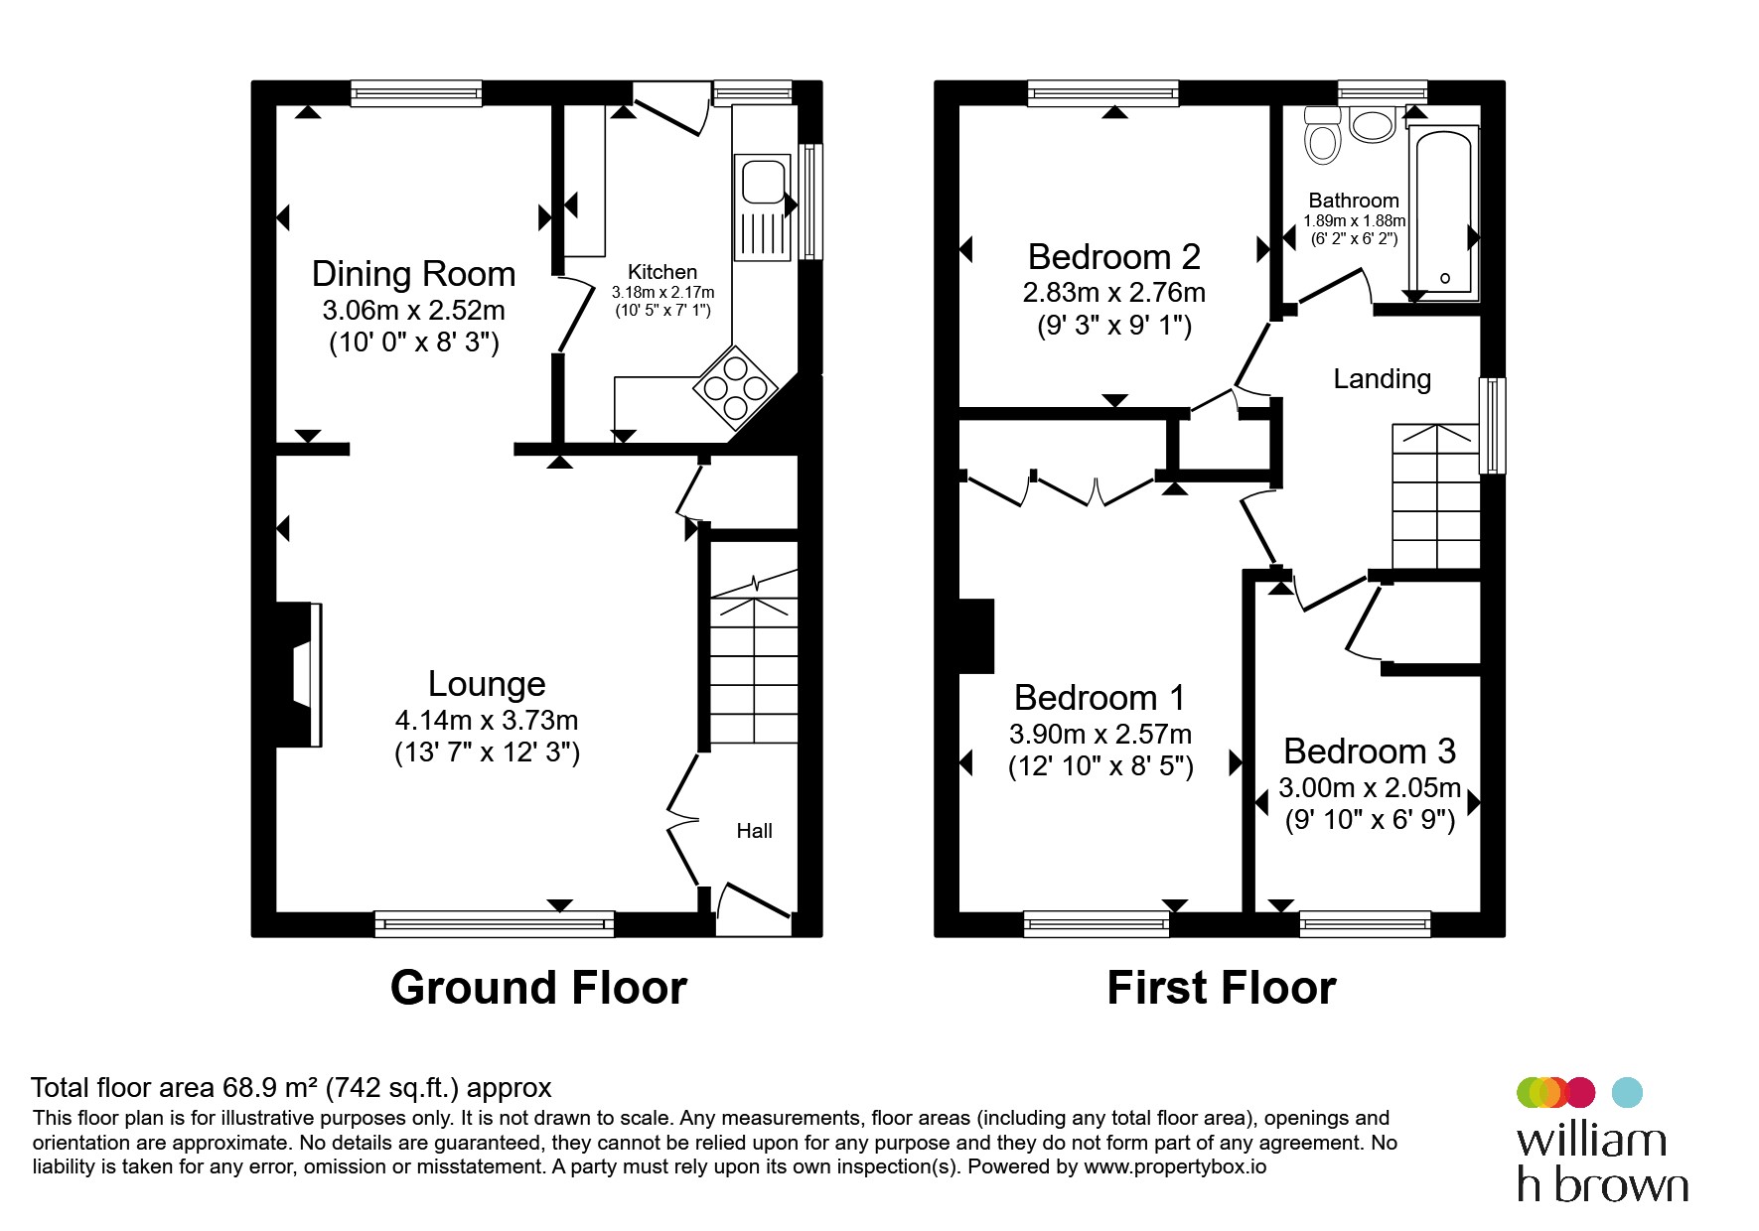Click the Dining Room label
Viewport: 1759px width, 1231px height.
[x=413, y=274]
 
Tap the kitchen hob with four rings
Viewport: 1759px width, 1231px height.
[x=735, y=386]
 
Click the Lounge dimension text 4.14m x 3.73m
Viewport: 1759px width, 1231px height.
[x=487, y=720]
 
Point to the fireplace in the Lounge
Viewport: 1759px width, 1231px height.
[x=300, y=674]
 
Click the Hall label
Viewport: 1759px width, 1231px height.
[x=754, y=831]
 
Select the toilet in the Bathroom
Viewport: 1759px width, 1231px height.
[x=1323, y=135]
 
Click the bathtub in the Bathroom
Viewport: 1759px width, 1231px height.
[x=1445, y=213]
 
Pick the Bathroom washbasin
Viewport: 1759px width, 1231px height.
[x=1373, y=125]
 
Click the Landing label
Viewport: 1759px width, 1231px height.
[x=1382, y=378]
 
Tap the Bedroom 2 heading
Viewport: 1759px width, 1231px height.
[x=1114, y=257]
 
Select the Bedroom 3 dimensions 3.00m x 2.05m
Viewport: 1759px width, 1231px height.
[x=1370, y=788]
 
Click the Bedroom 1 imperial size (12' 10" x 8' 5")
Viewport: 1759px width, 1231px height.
[x=1100, y=766]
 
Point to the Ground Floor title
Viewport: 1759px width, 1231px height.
[x=538, y=988]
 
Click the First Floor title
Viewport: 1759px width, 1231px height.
[x=1222, y=988]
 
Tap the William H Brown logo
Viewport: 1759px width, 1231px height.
[x=1602, y=1141]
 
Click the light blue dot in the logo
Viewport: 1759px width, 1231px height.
[x=1627, y=1092]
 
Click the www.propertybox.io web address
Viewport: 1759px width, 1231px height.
[x=1175, y=1167]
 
